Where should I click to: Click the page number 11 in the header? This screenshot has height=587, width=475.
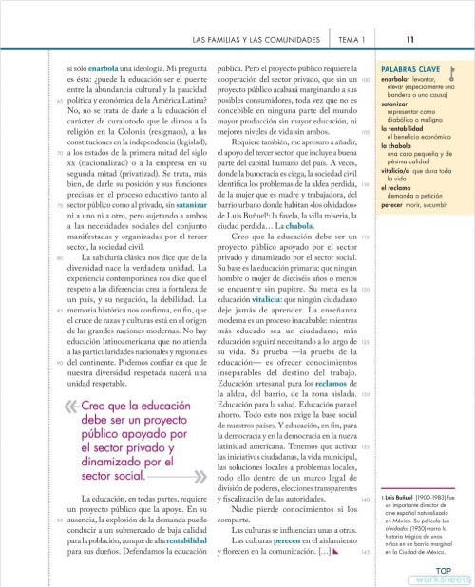tap(408, 40)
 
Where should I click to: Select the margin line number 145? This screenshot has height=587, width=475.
tap(366, 553)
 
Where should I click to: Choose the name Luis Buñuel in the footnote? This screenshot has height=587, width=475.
tap(403, 496)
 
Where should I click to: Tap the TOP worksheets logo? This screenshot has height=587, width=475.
tap(447, 574)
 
